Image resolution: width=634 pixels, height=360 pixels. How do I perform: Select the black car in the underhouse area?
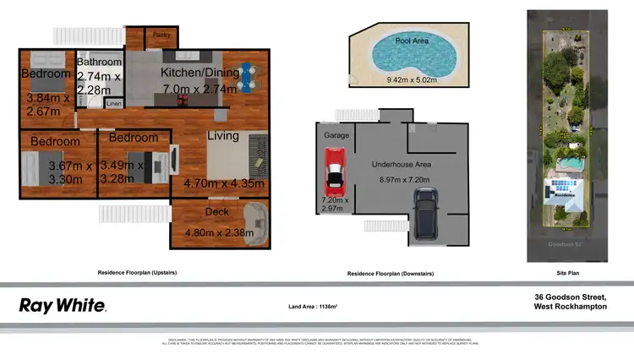425,213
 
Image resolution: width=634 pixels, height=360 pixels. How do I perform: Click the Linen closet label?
112,103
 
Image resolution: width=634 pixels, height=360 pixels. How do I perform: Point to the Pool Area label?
411,40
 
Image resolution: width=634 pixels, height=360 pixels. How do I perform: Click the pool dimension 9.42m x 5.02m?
412,81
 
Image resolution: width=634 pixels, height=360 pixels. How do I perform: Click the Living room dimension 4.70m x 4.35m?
224,183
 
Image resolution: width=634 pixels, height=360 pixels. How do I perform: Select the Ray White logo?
62,306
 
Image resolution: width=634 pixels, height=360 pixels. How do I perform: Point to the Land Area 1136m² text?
318,307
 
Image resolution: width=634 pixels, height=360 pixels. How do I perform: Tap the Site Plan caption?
567,274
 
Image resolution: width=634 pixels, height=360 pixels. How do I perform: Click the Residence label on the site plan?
563,194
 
